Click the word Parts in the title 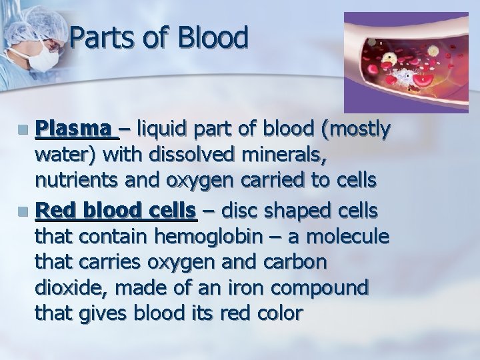(x=101, y=38)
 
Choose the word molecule (x=349, y=237)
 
